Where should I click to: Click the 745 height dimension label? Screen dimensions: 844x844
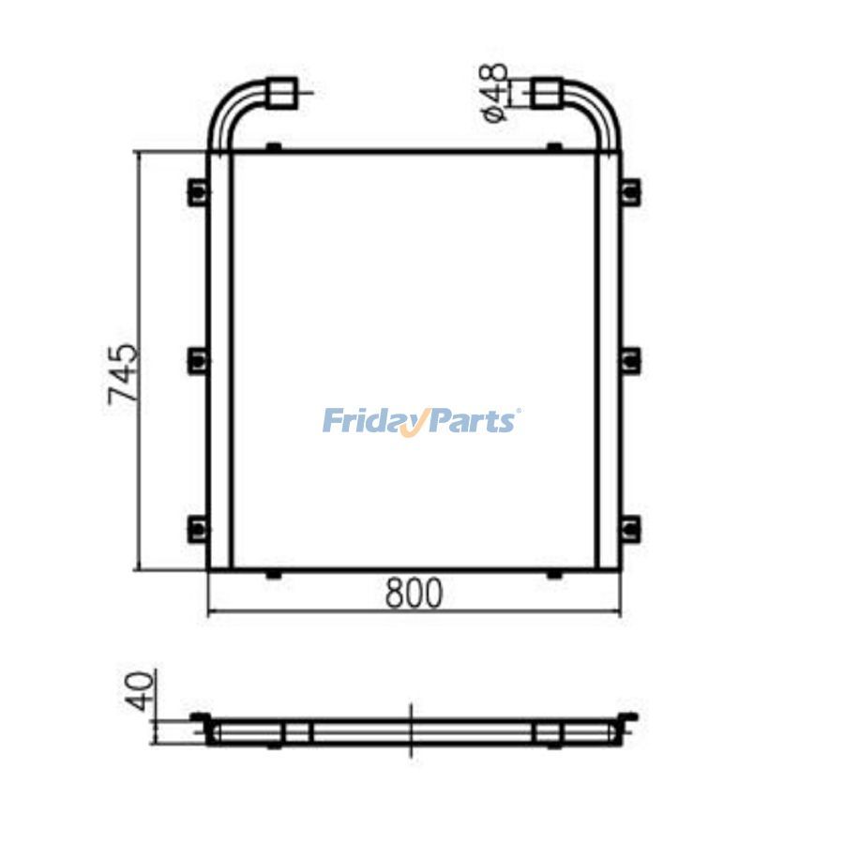coord(123,374)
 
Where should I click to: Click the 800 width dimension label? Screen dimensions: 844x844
coord(414,593)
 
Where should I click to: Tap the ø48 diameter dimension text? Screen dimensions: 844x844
coord(494,93)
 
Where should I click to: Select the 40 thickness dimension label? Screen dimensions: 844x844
coord(139,691)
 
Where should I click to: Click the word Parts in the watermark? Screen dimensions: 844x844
coord(473,421)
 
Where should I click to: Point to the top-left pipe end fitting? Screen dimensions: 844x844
coord(283,93)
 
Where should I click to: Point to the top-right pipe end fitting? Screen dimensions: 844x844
coord(548,93)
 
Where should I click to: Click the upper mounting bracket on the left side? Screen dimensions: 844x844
coord(198,191)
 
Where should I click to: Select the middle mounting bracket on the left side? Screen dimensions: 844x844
coord(198,361)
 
